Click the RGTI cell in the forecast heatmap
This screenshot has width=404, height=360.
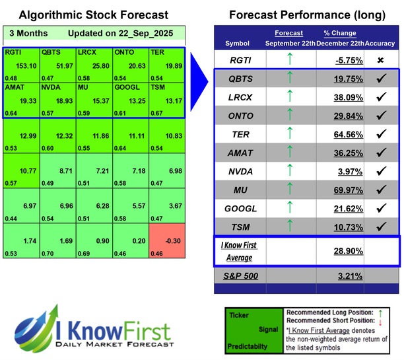pos(21,65)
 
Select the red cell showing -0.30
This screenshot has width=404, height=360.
pos(166,242)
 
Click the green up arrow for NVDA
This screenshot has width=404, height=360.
pos(289,171)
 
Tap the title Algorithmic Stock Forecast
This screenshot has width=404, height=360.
pos(92,15)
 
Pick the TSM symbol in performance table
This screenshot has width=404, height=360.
pos(242,228)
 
